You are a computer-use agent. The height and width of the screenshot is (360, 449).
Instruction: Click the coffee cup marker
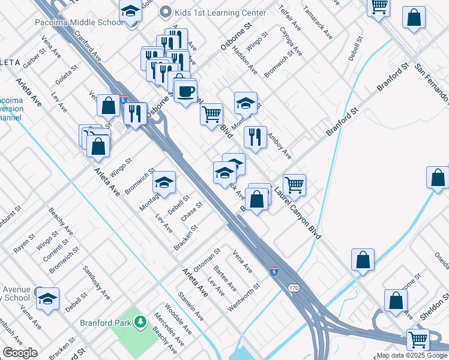(185, 91)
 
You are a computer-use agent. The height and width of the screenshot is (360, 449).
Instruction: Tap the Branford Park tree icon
(141, 323)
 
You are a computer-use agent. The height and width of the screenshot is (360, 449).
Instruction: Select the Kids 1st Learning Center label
(220, 13)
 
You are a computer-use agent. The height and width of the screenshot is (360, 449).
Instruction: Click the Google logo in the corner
(20, 353)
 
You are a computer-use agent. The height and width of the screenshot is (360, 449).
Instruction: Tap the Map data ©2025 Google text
(412, 355)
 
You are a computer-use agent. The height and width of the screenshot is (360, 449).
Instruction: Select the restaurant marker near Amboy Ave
(256, 137)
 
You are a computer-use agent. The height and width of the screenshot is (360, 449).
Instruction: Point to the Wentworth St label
(244, 298)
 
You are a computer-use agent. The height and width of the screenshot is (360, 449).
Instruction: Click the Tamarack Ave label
(318, 23)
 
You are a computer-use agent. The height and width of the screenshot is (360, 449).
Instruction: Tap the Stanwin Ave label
(191, 306)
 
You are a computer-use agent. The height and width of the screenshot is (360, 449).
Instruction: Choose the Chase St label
(192, 211)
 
